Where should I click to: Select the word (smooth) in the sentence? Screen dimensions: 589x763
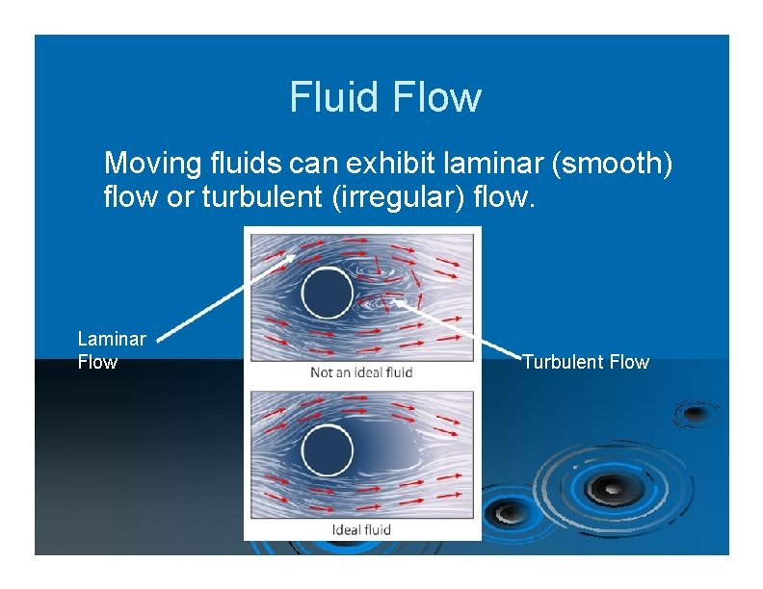point(613,162)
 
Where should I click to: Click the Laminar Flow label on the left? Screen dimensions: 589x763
point(111,350)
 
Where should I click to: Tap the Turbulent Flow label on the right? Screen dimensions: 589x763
point(586,362)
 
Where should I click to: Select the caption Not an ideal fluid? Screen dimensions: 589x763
point(361,372)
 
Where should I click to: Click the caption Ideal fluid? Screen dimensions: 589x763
point(361,529)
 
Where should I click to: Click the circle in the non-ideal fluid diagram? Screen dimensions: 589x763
point(327,291)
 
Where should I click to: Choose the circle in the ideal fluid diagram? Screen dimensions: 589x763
point(327,448)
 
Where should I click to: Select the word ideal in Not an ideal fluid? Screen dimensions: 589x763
point(368,372)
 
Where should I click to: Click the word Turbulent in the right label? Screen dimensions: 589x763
point(564,362)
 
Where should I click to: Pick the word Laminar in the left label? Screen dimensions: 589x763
point(112,339)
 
